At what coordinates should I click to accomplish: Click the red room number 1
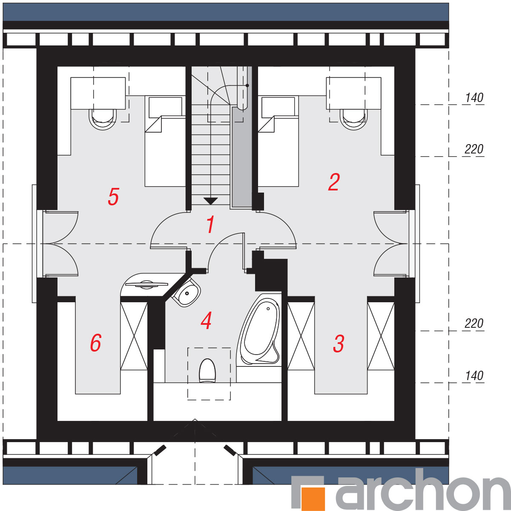(x=210, y=224)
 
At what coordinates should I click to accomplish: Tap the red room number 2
(x=334, y=182)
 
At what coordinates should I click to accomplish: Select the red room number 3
(x=339, y=344)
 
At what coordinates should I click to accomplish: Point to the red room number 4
(x=206, y=320)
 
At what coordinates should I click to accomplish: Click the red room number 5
(x=113, y=196)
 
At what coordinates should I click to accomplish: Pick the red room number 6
(x=96, y=343)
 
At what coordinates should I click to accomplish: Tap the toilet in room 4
(x=207, y=371)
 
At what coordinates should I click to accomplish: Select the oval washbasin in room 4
(x=186, y=292)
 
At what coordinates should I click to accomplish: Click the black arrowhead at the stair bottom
(x=210, y=201)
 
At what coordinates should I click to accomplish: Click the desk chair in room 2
(x=353, y=119)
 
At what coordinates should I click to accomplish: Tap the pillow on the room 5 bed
(x=165, y=108)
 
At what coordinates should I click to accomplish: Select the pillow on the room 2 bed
(x=278, y=108)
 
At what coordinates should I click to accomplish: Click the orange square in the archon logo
(x=313, y=499)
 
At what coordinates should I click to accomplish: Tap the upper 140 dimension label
(x=474, y=98)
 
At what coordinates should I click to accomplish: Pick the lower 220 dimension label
(x=474, y=323)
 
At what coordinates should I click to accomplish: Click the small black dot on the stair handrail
(x=247, y=85)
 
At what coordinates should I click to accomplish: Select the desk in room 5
(x=98, y=93)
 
